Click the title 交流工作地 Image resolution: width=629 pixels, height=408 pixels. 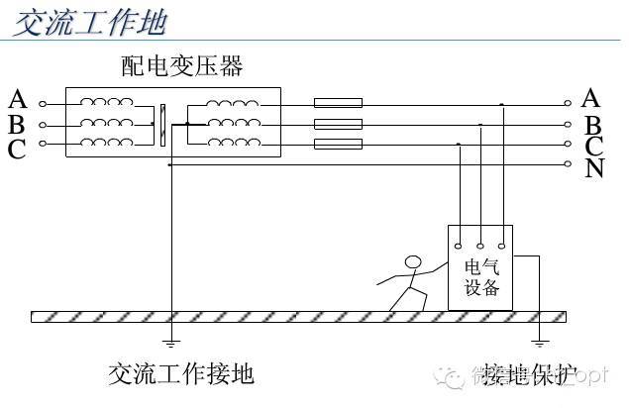coord(90,23)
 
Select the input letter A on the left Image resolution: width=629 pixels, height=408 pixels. coord(17,100)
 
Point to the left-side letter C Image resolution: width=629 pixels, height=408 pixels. coord(17,149)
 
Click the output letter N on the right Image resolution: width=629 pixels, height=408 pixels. coord(594,168)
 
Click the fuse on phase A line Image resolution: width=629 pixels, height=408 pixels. coord(338,102)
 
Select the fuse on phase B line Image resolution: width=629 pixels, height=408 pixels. coord(338,124)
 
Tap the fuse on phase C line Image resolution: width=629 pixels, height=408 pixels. coord(338,145)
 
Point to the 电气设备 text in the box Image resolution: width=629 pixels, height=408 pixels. coord(481,278)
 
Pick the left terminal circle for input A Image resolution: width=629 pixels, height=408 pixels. coord(43,103)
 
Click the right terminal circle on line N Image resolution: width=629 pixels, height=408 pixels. coord(569,164)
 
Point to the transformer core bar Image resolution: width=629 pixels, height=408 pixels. coord(161,124)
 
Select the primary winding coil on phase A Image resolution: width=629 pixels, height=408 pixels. coord(106,102)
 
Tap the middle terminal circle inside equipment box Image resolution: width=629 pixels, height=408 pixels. coord(479,245)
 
